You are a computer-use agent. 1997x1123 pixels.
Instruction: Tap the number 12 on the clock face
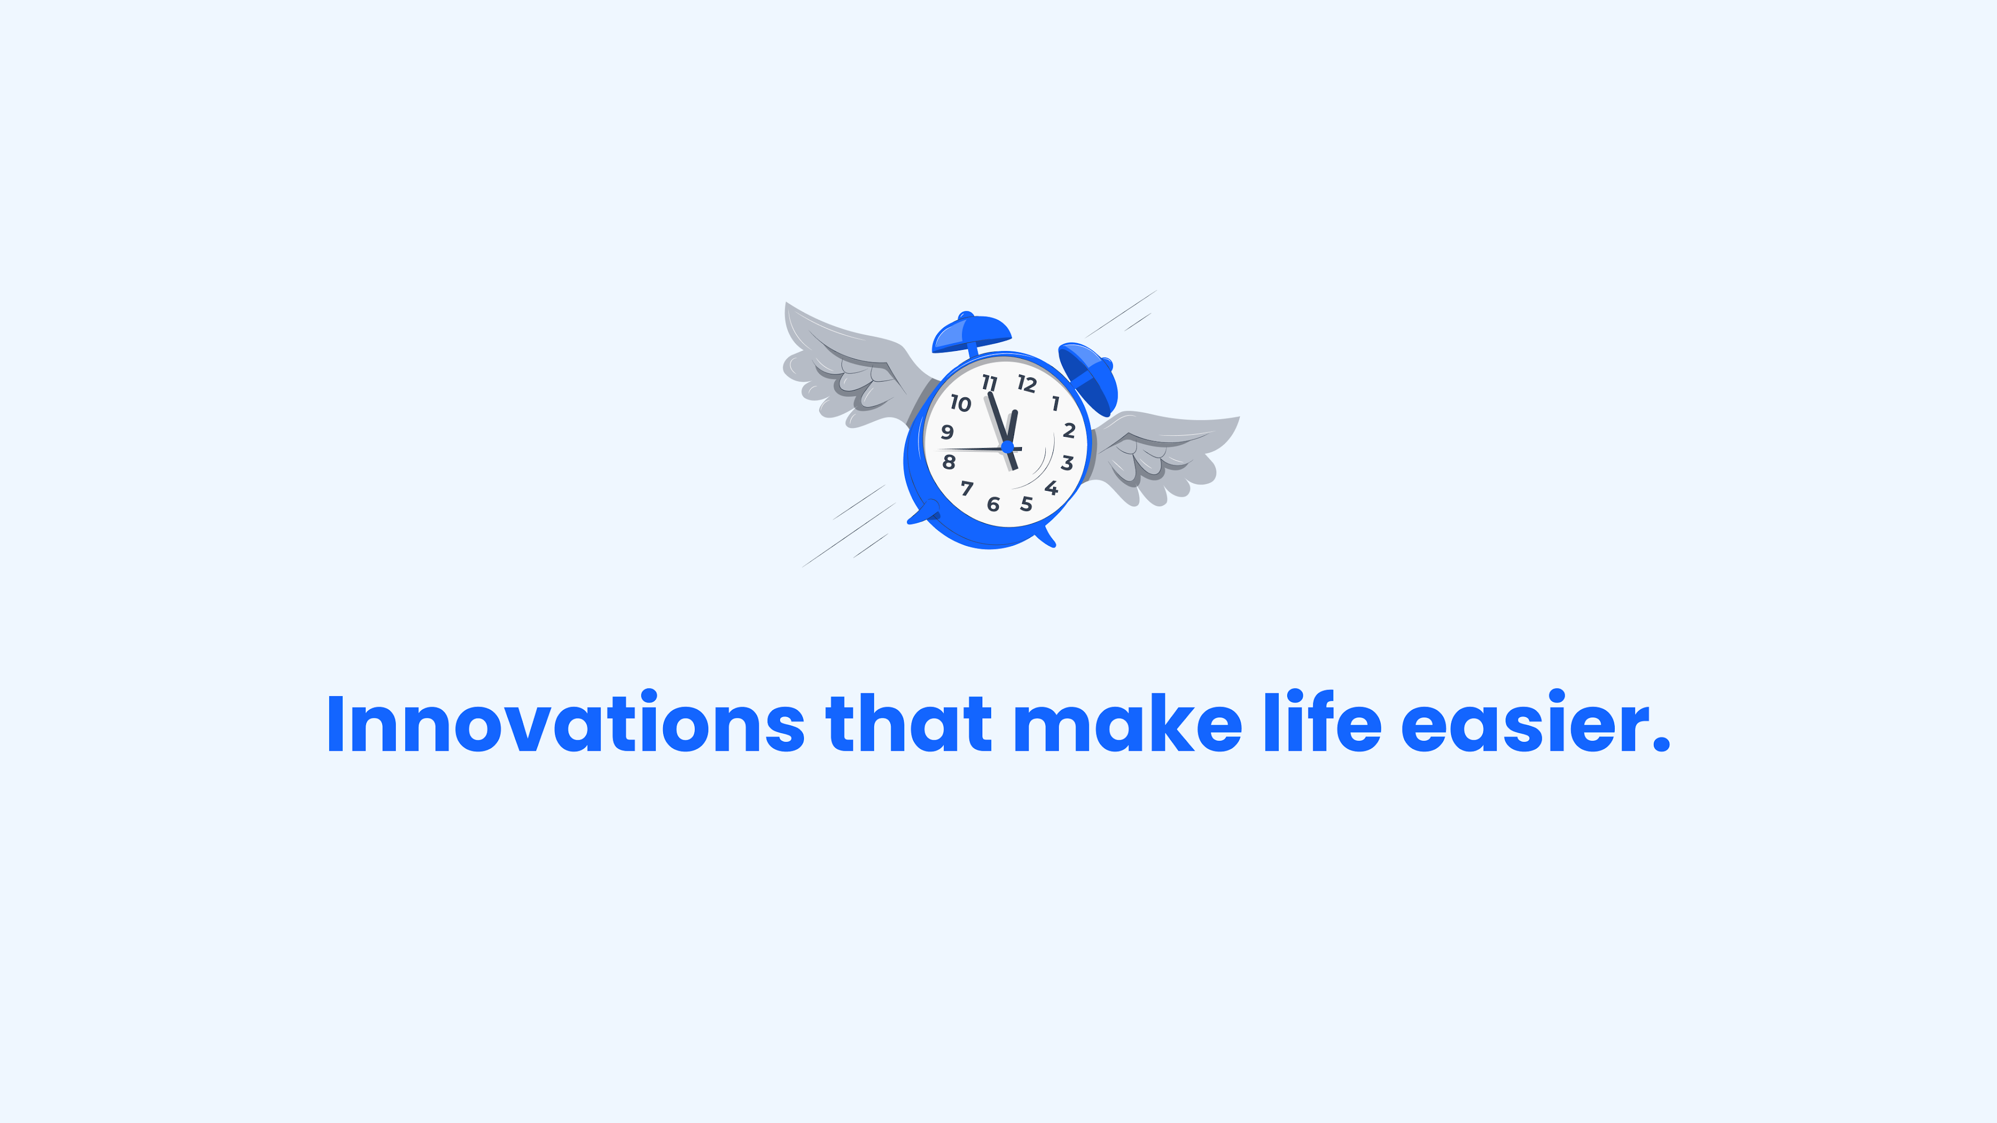[x=1027, y=384]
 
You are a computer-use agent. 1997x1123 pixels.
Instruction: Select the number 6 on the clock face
[x=993, y=504]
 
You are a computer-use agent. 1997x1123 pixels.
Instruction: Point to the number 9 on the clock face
[x=946, y=432]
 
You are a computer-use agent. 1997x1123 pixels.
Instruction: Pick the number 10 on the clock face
[x=961, y=403]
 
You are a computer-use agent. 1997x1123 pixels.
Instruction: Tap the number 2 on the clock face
[x=1069, y=430]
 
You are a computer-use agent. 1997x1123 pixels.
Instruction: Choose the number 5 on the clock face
[x=1027, y=504]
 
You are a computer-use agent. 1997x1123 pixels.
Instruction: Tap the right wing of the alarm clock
[x=1163, y=453]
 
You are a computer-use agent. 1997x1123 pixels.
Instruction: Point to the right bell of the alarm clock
[x=1089, y=377]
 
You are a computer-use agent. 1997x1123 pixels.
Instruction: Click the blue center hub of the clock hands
[x=1007, y=447]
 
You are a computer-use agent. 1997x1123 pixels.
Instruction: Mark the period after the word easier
[x=1661, y=744]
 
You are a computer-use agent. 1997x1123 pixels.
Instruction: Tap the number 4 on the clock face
[x=1051, y=488]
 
